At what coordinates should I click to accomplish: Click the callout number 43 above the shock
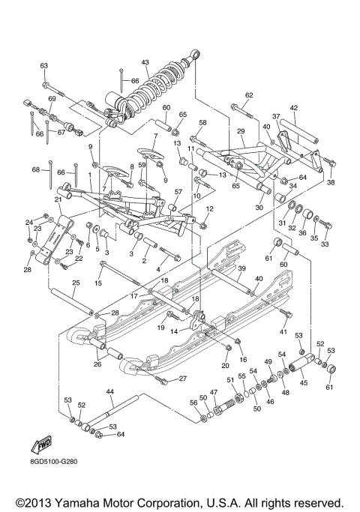click(145, 61)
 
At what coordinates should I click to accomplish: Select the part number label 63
click(44, 66)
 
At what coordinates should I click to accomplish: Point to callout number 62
click(249, 94)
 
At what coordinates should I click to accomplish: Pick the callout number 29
click(241, 131)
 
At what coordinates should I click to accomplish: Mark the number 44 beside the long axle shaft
click(109, 391)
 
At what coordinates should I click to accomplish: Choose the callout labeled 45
click(304, 383)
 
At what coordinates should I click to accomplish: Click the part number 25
click(76, 283)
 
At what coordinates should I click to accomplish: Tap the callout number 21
click(57, 200)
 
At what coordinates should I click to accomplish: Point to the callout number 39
click(242, 268)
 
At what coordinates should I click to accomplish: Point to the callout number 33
click(325, 244)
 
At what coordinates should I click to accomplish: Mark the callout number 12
click(211, 208)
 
